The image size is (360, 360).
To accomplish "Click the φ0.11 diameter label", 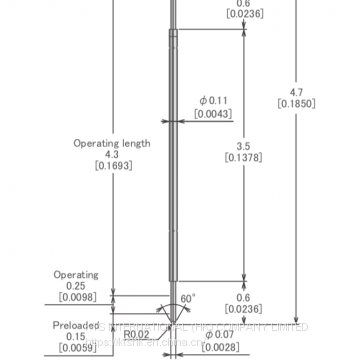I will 214,100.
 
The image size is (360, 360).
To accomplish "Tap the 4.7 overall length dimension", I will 296,91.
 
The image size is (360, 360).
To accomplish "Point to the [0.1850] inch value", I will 297,103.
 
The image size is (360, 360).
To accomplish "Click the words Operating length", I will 112,143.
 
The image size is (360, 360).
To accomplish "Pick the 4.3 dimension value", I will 111,154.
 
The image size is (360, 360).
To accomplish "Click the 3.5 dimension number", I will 243,146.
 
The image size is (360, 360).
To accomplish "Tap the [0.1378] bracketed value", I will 244,158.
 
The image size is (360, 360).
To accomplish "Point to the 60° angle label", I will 188,298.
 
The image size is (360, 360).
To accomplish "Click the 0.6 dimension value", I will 243,298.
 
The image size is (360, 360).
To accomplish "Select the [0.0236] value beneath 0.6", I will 244,310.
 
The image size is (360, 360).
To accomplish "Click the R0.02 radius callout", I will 136,335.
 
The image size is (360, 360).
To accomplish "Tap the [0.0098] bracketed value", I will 77,298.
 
